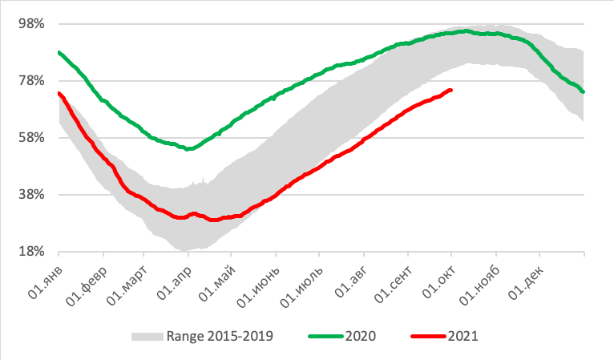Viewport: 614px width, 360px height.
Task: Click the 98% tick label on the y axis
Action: point(30,23)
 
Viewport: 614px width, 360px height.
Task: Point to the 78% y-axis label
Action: point(30,80)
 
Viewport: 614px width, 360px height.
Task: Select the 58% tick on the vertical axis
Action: point(30,137)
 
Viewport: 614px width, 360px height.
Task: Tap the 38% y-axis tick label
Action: point(30,194)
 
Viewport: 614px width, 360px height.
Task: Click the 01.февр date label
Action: point(85,277)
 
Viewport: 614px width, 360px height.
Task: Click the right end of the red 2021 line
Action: point(450,90)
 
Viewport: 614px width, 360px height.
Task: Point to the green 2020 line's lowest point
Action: point(188,148)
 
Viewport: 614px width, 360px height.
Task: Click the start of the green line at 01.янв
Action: point(59,52)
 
